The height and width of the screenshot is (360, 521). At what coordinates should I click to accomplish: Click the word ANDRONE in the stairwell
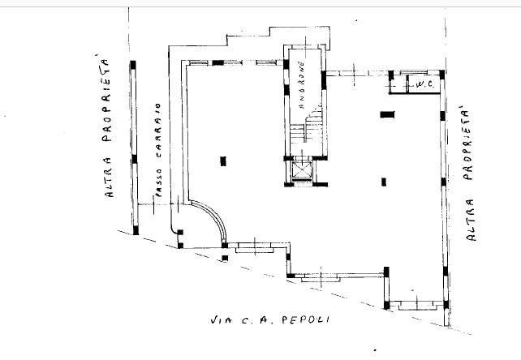coord(302,84)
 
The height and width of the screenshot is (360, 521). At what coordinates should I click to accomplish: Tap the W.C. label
coord(425,84)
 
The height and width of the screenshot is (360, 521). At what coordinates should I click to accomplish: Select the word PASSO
coord(158,182)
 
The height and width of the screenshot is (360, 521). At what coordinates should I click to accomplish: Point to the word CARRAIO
coord(157,131)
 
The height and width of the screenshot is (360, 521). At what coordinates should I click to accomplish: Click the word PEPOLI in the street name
coord(306,319)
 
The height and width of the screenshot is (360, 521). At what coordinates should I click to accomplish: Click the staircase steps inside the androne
coord(307,127)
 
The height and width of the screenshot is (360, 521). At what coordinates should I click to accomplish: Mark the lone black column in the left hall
coord(223,161)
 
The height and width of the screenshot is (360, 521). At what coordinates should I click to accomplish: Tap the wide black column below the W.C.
coord(387,114)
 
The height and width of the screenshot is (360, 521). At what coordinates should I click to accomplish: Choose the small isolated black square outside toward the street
coord(225,258)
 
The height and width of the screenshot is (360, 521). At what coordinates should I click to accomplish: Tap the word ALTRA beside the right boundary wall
coord(471,220)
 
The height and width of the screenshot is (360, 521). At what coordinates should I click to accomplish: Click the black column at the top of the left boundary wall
coord(133,65)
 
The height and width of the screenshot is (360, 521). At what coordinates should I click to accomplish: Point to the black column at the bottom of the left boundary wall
coord(136,229)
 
